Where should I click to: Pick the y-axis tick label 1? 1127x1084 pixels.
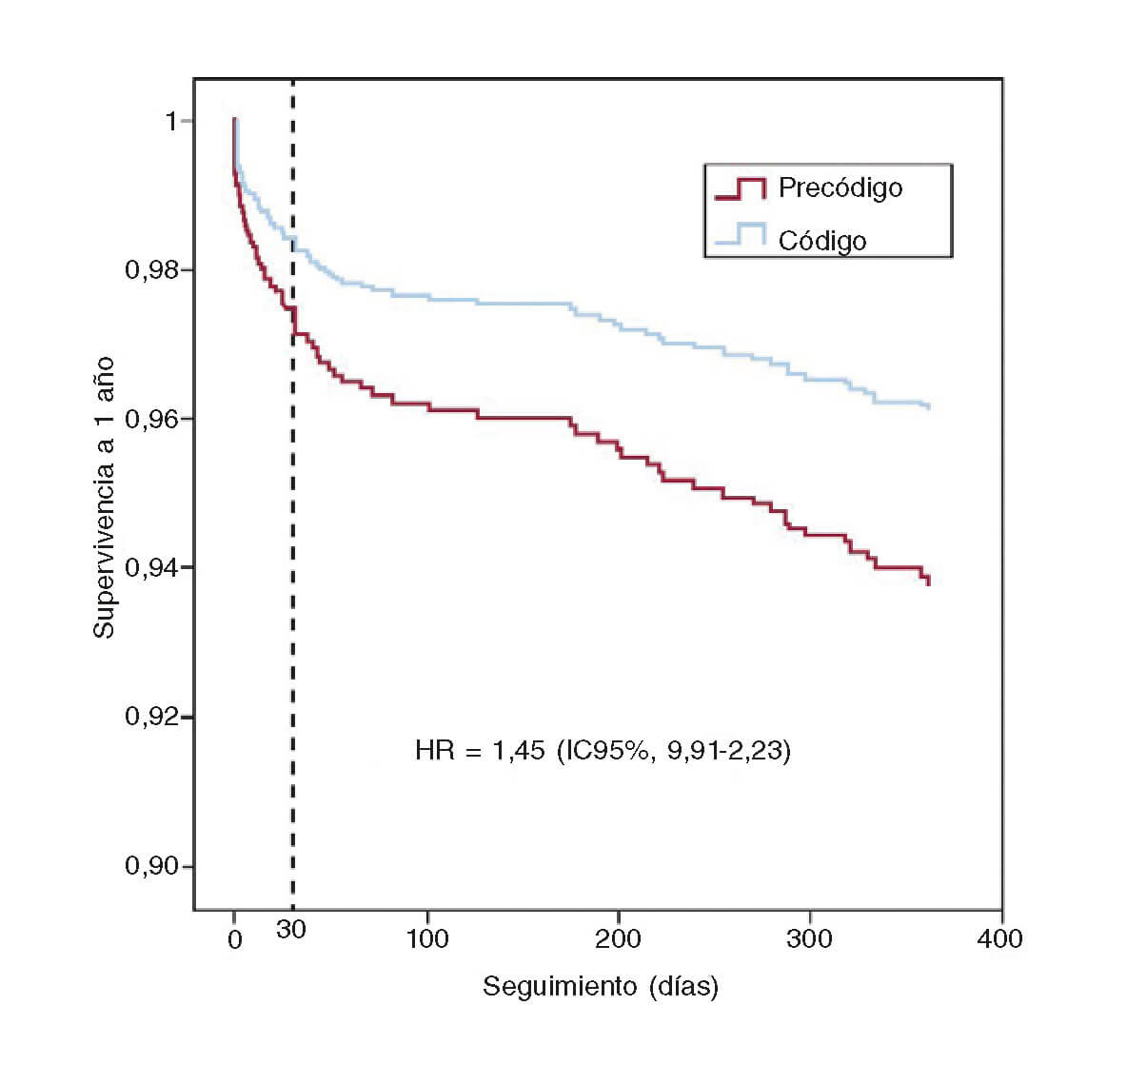coord(171,121)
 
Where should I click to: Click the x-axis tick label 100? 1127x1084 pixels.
coord(427,939)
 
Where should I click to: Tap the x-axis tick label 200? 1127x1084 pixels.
coord(619,939)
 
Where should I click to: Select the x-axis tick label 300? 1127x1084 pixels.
coord(810,939)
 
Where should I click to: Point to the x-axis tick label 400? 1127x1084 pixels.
coord(1000,939)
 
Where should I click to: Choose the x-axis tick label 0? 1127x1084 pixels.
coord(235,939)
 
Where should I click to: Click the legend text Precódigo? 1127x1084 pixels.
coord(840,187)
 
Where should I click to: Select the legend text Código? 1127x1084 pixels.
coord(822,240)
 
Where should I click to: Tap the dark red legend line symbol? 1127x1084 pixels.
coord(741,188)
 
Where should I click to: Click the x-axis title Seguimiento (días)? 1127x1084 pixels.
coord(601,986)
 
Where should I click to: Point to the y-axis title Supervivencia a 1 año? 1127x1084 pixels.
coord(104,498)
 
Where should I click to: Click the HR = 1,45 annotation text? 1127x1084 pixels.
coord(603,751)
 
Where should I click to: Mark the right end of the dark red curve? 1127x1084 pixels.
coord(928,581)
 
